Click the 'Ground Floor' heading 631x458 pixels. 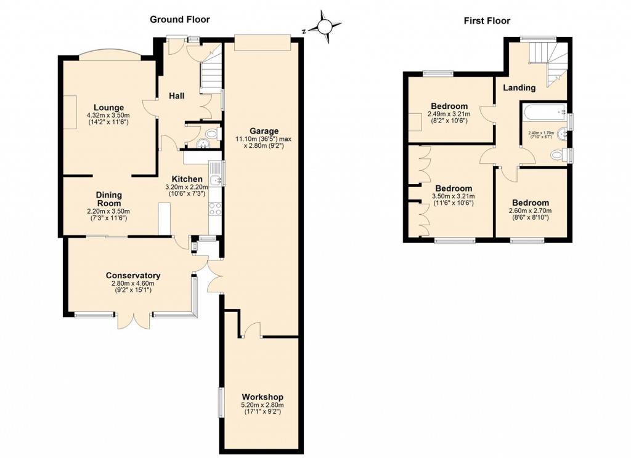(180, 20)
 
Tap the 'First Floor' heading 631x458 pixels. (487, 21)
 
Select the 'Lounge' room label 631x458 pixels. (108, 108)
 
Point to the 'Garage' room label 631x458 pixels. (264, 131)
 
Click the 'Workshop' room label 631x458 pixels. (263, 396)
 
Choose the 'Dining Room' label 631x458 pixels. (108, 199)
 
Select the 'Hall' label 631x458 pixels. (177, 95)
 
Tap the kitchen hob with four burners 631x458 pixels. (216, 209)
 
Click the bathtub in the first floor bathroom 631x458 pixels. (543, 112)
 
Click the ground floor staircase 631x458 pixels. (211, 74)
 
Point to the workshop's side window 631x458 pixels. (221, 403)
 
